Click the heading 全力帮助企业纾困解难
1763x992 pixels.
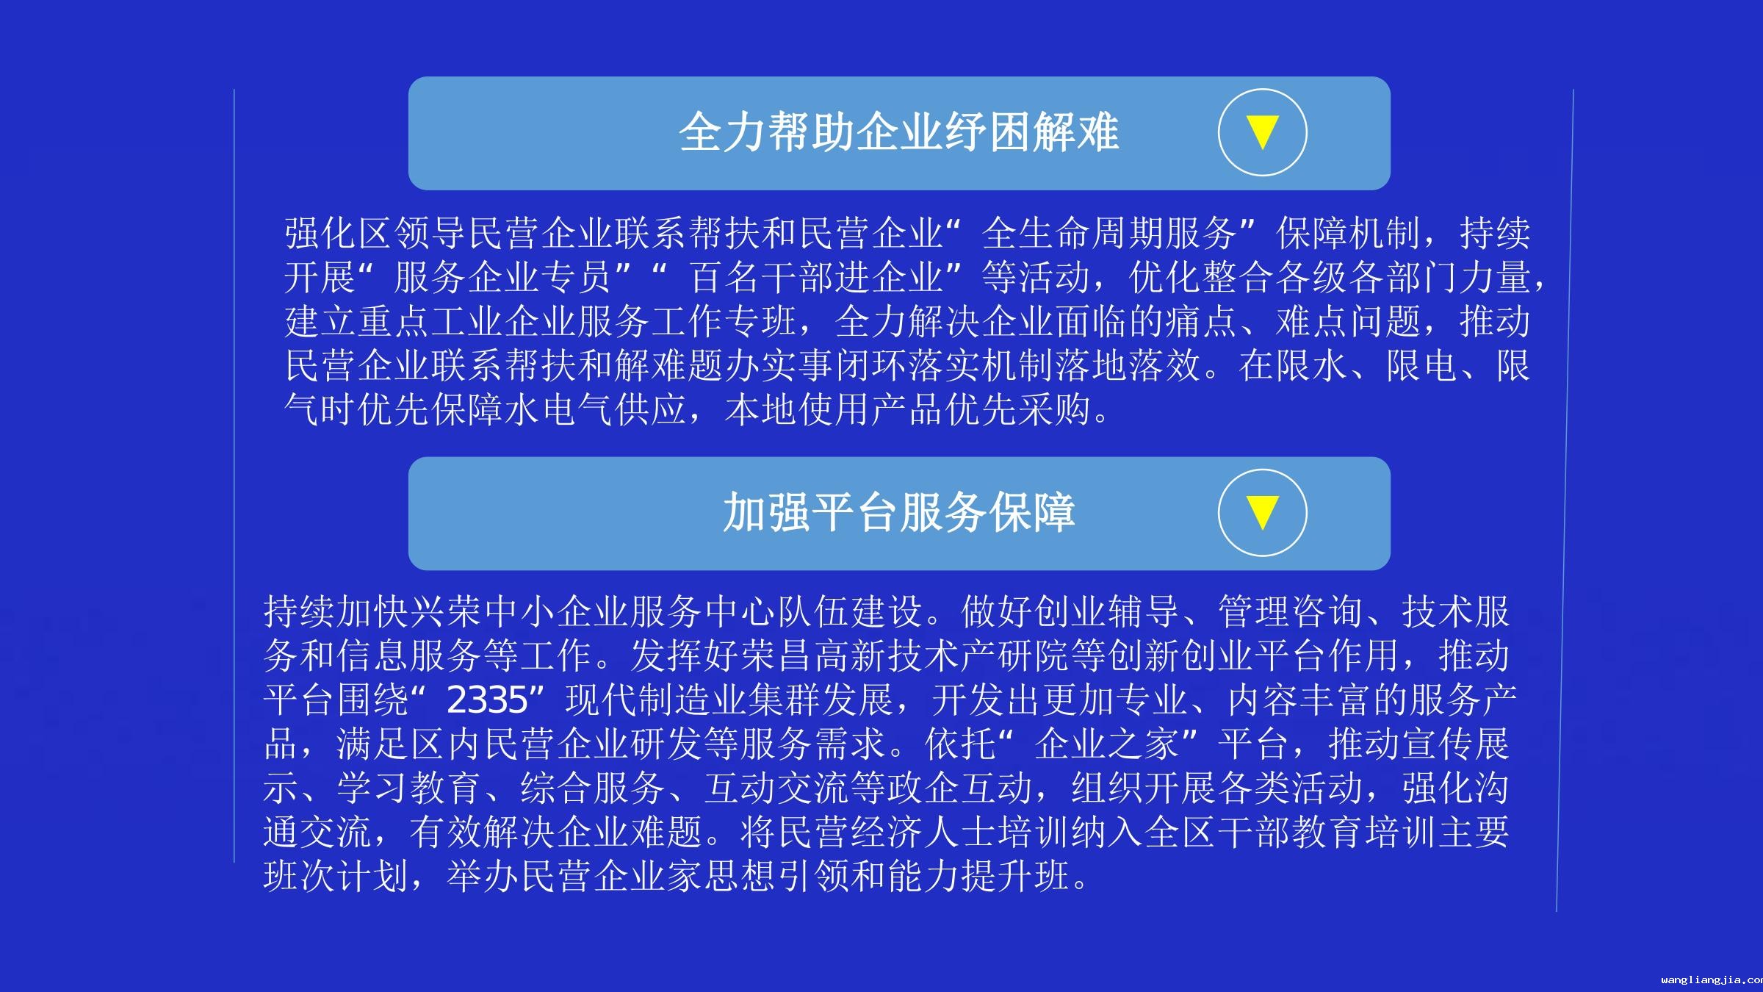898,133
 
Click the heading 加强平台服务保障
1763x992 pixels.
898,512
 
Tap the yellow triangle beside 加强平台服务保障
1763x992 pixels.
1262,512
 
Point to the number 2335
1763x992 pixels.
488,700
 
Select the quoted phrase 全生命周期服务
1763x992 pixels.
1110,234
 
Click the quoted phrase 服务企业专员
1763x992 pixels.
503,278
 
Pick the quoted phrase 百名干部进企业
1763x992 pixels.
816,278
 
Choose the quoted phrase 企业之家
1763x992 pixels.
1107,744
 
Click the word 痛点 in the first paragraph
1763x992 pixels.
1202,322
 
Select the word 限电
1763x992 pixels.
1422,366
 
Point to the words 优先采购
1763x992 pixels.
1018,410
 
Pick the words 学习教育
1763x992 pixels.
409,788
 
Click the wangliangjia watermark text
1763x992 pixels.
1712,980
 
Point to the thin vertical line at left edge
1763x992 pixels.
234,475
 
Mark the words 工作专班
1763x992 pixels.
724,322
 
